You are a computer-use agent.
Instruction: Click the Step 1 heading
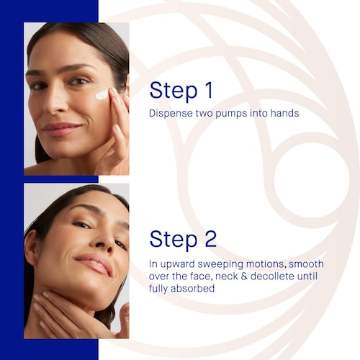[181, 91]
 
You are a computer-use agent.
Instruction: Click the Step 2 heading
[183, 239]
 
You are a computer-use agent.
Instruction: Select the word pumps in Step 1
[231, 114]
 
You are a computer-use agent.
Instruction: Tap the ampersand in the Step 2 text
[244, 276]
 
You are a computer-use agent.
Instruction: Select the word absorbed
[192, 288]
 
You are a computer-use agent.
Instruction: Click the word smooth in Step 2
[306, 264]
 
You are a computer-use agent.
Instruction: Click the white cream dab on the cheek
[102, 94]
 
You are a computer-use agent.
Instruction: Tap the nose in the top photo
[55, 102]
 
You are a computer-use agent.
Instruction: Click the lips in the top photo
[62, 130]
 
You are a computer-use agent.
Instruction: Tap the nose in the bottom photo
[104, 240]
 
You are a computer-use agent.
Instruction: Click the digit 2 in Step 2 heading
[211, 238]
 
